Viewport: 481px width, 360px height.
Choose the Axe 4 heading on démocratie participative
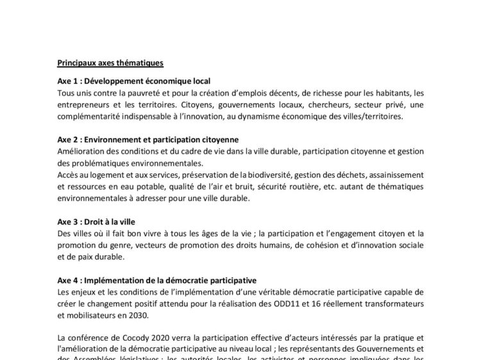point(156,280)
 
